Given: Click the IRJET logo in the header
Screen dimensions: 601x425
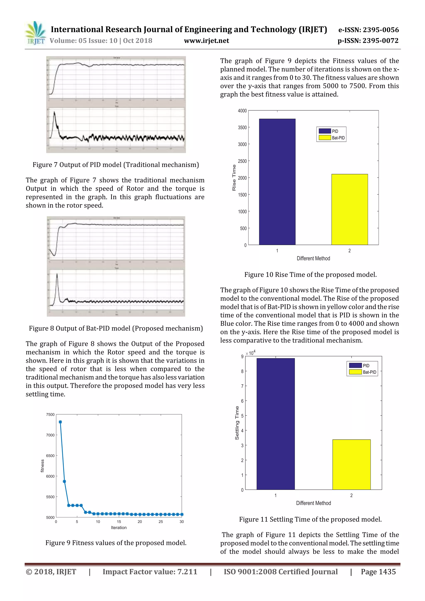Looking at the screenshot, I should click(35, 33).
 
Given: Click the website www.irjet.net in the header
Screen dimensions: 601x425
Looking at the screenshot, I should click(206, 41).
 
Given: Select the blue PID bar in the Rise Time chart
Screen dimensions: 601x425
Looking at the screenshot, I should click(277, 182).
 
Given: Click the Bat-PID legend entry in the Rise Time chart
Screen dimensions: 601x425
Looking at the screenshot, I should click(332, 138).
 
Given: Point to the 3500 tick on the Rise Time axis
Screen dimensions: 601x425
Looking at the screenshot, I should click(242, 127).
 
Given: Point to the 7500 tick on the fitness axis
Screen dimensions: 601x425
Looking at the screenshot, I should click(50, 414).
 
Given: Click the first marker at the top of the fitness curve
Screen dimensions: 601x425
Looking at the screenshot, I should click(60, 422).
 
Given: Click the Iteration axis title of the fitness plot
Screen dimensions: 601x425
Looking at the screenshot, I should click(119, 527).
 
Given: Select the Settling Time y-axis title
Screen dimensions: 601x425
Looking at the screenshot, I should click(237, 423).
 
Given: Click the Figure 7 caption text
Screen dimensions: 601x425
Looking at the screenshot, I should click(115, 165).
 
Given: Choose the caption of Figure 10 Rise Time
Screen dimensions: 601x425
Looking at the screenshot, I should click(310, 275).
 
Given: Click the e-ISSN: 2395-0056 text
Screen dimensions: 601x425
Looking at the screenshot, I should click(368, 30).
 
